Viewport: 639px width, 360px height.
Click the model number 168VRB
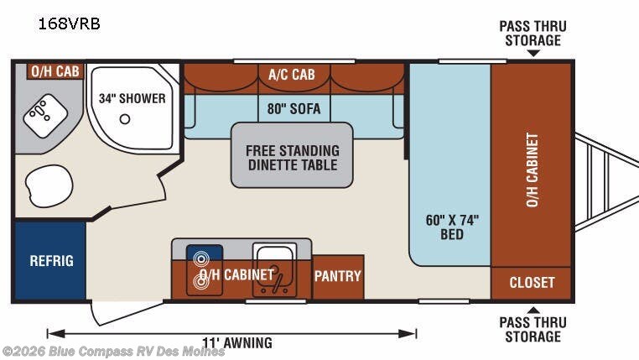(x=69, y=23)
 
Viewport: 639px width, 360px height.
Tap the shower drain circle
(x=125, y=119)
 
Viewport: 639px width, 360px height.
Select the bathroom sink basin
(x=45, y=116)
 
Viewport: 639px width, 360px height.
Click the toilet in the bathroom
(x=49, y=186)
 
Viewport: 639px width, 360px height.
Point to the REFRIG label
(x=52, y=261)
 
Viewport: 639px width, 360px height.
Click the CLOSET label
(x=532, y=282)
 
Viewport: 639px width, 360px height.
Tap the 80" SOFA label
(x=294, y=108)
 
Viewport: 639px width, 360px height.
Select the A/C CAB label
(x=292, y=74)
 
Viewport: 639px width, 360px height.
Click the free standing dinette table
(x=292, y=155)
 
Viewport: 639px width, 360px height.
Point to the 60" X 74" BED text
(x=452, y=227)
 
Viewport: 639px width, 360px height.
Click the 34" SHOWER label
(x=132, y=98)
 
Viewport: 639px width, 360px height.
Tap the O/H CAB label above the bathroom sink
(x=55, y=71)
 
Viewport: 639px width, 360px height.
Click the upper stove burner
(x=201, y=258)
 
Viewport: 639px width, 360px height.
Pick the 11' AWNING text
(x=237, y=343)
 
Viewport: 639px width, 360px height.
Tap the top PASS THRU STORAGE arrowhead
(x=533, y=53)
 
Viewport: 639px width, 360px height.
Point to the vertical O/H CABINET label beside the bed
(x=532, y=170)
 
